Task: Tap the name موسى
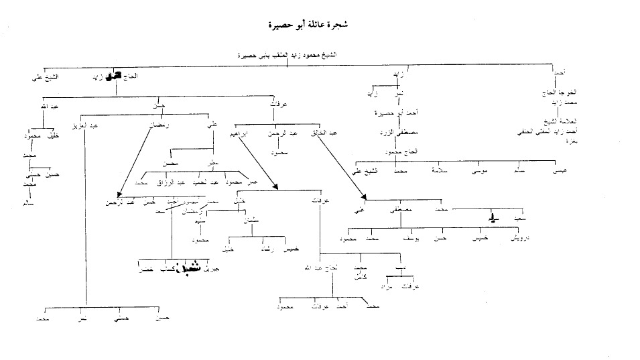click(479, 172)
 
